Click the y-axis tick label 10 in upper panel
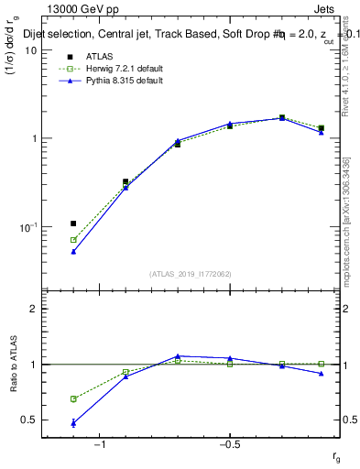[30, 50]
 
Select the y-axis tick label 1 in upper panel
[33, 138]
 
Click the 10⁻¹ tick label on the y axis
[27, 226]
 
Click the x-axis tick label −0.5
[229, 444]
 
